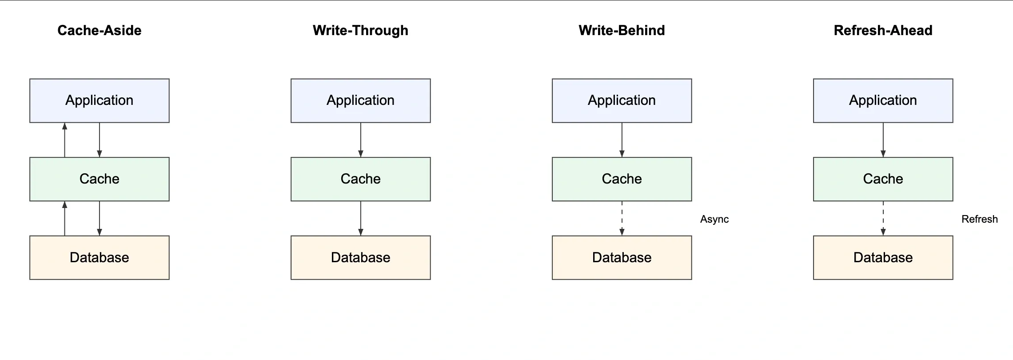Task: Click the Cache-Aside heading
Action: click(x=99, y=30)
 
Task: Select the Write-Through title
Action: click(x=360, y=30)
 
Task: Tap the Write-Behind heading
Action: click(x=622, y=30)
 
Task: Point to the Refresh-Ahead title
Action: click(x=883, y=30)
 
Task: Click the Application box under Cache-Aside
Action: click(x=99, y=100)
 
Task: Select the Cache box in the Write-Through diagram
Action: click(x=360, y=179)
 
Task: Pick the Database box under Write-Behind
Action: click(x=622, y=258)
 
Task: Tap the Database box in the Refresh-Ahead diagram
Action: click(x=883, y=258)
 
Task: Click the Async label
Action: click(x=714, y=219)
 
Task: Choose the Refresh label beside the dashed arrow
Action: click(x=979, y=219)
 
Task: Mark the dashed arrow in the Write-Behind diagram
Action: click(x=622, y=218)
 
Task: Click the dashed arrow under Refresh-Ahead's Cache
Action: click(x=883, y=218)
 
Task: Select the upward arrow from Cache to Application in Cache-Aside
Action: click(x=65, y=140)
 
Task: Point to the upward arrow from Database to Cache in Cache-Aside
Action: click(x=65, y=218)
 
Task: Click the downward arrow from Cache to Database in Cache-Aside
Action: click(x=100, y=218)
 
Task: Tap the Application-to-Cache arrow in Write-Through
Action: click(x=360, y=140)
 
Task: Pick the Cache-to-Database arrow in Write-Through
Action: click(x=360, y=218)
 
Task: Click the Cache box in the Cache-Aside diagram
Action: click(x=99, y=179)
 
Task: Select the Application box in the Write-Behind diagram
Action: click(x=622, y=100)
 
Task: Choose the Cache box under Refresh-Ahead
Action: click(x=883, y=179)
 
